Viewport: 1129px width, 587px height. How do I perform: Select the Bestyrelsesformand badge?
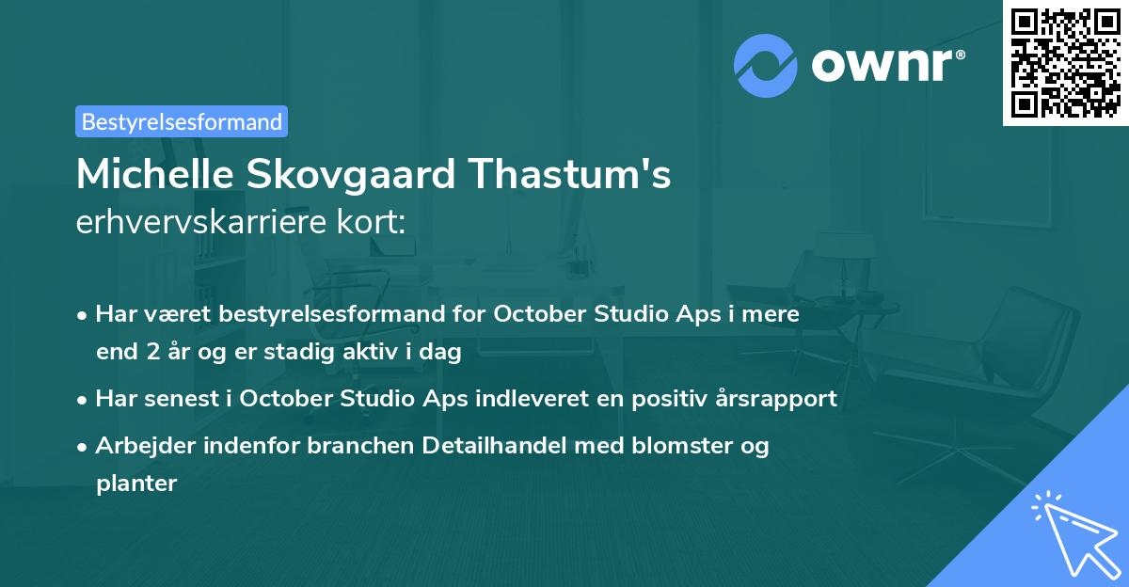pyautogui.click(x=182, y=121)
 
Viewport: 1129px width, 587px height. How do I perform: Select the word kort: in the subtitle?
pyautogui.click(x=373, y=222)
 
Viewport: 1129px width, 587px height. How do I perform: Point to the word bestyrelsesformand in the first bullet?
pyautogui.click(x=301, y=314)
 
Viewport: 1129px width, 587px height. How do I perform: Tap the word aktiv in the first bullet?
pyautogui.click(x=366, y=354)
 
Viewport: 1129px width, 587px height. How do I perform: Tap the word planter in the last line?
pyautogui.click(x=136, y=484)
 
